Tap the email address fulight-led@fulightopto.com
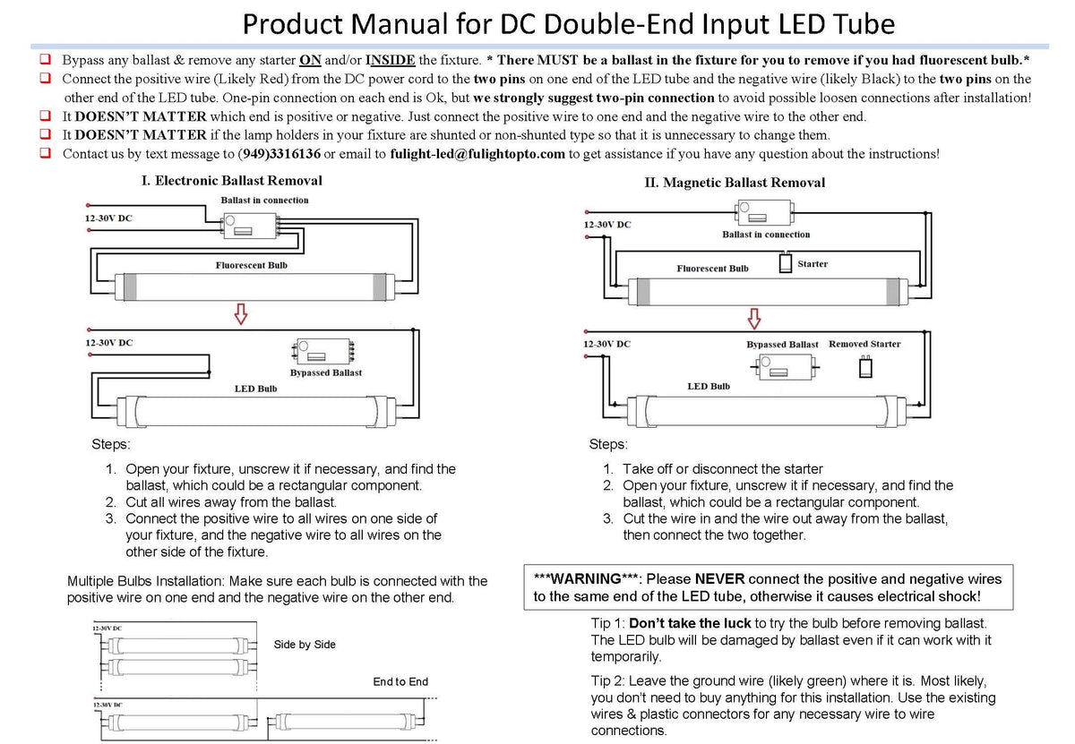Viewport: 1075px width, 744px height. (x=477, y=154)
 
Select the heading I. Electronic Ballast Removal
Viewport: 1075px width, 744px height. (x=232, y=181)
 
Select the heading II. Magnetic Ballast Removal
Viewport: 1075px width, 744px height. (x=735, y=183)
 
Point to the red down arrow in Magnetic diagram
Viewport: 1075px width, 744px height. (x=754, y=319)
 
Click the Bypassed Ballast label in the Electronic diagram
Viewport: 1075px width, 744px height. (x=326, y=372)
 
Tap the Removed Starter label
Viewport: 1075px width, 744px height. (x=864, y=344)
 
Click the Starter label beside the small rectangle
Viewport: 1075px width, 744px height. (x=813, y=264)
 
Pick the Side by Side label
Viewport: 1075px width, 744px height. (x=305, y=645)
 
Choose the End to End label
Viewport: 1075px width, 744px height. (x=400, y=682)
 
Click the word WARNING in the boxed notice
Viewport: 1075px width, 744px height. (x=585, y=579)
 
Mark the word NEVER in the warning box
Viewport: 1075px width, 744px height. (x=720, y=579)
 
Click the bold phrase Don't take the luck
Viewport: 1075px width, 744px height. (x=690, y=623)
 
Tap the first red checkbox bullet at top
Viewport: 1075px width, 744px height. (x=45, y=60)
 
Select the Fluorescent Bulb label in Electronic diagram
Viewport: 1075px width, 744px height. (x=252, y=266)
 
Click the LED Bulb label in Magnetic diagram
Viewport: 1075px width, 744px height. (x=709, y=387)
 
